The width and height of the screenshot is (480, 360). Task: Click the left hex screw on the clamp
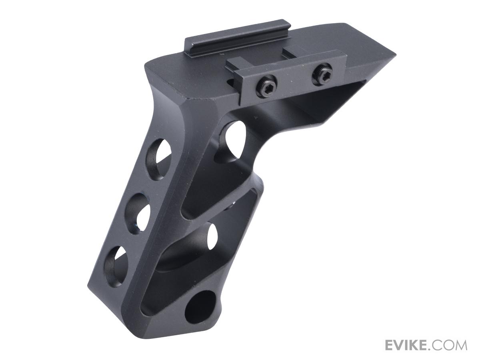pyautogui.click(x=266, y=83)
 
